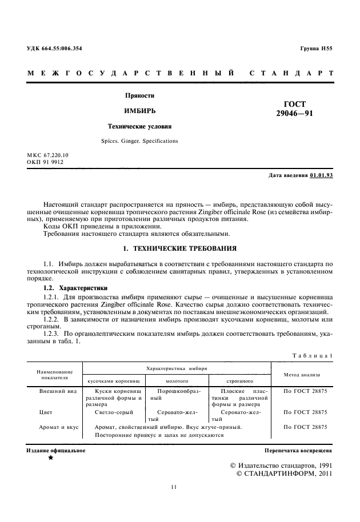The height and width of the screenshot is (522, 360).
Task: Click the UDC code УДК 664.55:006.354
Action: (x=54, y=49)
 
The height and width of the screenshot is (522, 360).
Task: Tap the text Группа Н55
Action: (x=316, y=49)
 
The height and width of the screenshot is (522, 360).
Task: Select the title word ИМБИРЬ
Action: (x=140, y=110)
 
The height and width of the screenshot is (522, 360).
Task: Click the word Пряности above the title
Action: (x=140, y=95)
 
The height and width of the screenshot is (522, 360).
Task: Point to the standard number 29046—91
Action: (x=294, y=114)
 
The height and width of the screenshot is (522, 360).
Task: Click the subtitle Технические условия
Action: (x=140, y=126)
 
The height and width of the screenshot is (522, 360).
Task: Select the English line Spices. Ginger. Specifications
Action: (x=139, y=140)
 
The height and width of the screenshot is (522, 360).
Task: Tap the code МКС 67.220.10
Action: (x=47, y=155)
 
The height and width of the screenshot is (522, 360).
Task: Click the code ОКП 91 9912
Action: (x=45, y=162)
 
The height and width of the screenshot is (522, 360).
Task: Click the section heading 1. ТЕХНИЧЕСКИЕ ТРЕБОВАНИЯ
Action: (x=179, y=250)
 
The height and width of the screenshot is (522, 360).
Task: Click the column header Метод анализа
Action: (x=301, y=375)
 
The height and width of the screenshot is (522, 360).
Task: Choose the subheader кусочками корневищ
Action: (x=113, y=380)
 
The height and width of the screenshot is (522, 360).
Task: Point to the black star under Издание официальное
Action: (x=51, y=458)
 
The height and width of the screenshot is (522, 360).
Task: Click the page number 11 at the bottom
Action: (x=174, y=487)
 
